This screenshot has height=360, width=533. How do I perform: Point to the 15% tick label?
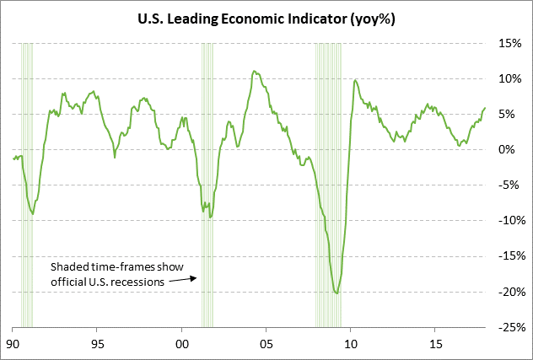509,43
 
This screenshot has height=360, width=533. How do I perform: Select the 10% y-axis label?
509,78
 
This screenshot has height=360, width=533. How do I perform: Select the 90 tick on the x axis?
13,344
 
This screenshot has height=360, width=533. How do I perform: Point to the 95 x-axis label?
97,344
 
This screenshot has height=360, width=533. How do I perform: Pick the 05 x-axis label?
266,344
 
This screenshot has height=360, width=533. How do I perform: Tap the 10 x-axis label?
351,344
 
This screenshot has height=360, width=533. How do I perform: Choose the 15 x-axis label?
435,344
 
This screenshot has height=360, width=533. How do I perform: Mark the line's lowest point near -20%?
337,293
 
